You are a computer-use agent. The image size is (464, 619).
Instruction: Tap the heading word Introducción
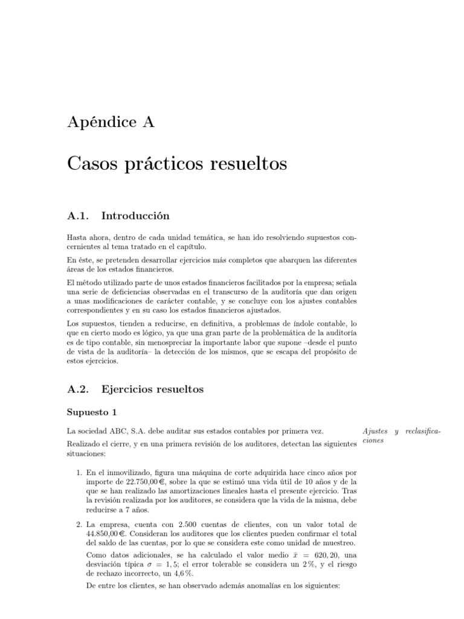(135, 215)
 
